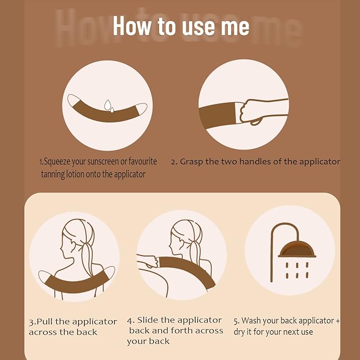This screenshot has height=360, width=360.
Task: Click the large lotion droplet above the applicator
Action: tap(108, 105)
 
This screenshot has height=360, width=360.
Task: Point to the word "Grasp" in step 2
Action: tap(191, 162)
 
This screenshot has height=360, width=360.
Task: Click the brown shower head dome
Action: tap(297, 249)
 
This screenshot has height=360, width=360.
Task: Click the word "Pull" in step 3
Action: tap(45, 322)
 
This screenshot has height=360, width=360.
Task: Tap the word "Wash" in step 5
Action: tap(251, 321)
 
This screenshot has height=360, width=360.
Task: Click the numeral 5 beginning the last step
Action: tap(236, 321)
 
